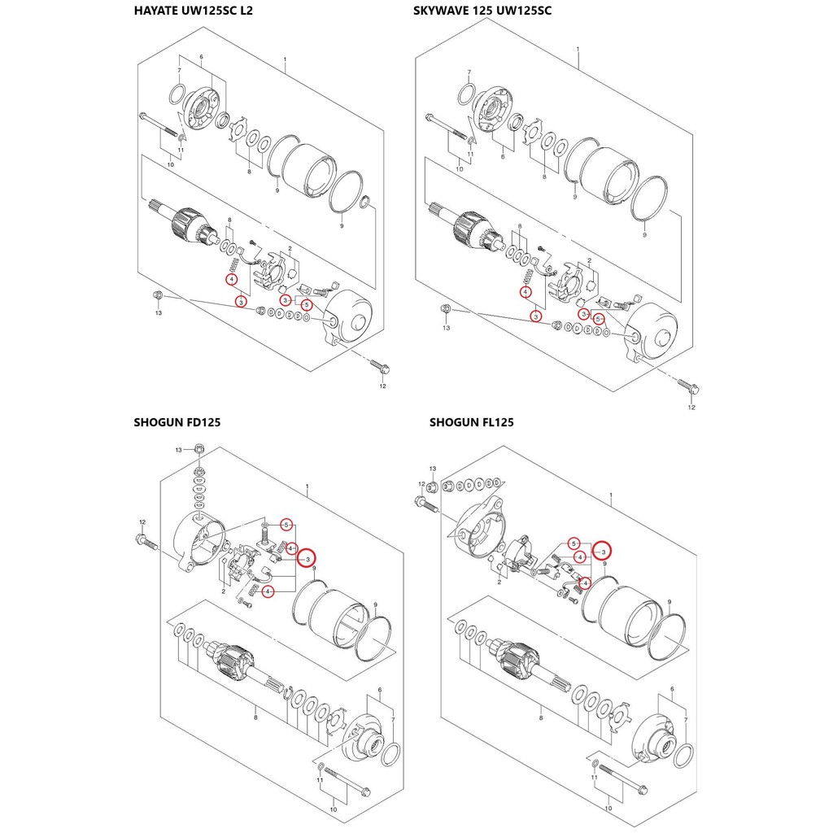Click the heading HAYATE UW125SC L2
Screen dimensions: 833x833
(x=194, y=11)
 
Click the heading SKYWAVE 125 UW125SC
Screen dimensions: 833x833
(x=482, y=11)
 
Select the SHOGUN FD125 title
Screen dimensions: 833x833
(x=177, y=422)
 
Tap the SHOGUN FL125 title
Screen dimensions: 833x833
(x=472, y=422)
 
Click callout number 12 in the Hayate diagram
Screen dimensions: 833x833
(x=383, y=386)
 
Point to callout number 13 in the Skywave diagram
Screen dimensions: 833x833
(x=447, y=328)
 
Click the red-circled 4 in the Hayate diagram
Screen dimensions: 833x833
(x=232, y=280)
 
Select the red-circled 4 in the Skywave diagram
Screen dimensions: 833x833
(x=526, y=292)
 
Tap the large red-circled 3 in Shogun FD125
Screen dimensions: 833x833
(x=307, y=559)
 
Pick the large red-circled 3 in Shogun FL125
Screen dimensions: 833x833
(x=603, y=552)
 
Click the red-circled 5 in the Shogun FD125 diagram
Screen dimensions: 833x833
(x=286, y=525)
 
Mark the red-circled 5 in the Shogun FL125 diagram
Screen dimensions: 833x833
(x=574, y=543)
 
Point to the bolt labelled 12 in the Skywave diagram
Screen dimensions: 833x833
(x=688, y=386)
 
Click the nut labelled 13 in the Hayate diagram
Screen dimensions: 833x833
(x=157, y=295)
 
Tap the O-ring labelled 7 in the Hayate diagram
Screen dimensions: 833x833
(x=177, y=94)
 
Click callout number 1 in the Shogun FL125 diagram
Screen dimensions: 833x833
(x=610, y=495)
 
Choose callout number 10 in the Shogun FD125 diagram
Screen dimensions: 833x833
(x=333, y=809)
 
